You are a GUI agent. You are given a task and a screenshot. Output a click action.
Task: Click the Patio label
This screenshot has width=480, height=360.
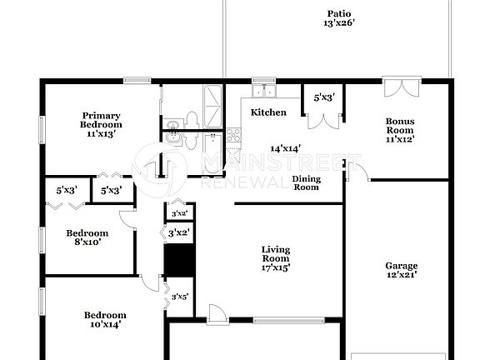(338, 13)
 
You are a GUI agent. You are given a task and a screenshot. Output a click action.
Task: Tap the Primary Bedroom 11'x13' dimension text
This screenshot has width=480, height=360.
(101, 132)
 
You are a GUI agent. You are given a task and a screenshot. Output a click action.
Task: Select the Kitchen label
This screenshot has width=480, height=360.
(268, 112)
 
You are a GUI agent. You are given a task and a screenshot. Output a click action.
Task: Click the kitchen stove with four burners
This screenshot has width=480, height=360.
(233, 134)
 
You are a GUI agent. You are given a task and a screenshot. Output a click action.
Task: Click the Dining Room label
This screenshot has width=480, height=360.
(306, 182)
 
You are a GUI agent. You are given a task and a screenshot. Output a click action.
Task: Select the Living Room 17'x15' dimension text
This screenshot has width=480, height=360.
(275, 267)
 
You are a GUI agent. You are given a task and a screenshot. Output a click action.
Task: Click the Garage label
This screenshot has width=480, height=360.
(401, 266)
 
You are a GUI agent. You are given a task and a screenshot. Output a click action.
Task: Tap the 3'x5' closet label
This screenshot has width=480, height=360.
(179, 297)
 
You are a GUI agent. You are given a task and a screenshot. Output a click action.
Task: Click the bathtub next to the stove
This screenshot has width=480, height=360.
(212, 153)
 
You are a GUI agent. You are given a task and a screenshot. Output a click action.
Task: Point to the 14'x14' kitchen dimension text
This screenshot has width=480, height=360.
(285, 148)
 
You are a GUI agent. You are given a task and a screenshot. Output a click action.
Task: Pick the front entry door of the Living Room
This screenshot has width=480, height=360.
(217, 312)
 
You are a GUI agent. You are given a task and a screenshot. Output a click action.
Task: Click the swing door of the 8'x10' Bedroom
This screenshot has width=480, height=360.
(127, 218)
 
